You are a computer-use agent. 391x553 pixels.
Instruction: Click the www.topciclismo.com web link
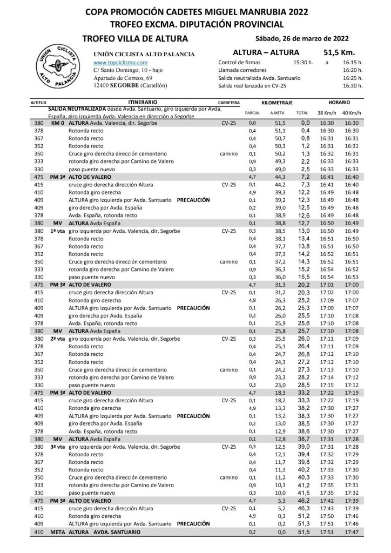pyautogui.click(x=113, y=63)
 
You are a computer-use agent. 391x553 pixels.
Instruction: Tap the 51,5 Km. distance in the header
pyautogui.click(x=338, y=53)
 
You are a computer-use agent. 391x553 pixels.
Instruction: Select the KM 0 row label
pyautogui.click(x=58, y=123)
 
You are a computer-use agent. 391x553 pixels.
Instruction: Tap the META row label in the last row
pyautogui.click(x=58, y=532)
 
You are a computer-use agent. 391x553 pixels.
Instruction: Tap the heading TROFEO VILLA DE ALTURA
pyautogui.click(x=135, y=38)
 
